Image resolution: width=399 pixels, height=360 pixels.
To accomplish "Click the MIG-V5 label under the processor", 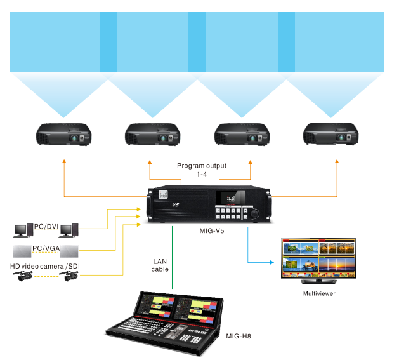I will click(211, 232).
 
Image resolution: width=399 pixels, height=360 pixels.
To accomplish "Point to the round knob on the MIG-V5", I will click(255, 214).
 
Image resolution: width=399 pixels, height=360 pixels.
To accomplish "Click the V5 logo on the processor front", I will click(177, 205).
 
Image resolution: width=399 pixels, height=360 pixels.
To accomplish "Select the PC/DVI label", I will click(46, 225).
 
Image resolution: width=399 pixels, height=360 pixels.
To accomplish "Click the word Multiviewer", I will click(318, 294).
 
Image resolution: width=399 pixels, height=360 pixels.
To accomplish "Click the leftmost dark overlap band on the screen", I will click(108, 42).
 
